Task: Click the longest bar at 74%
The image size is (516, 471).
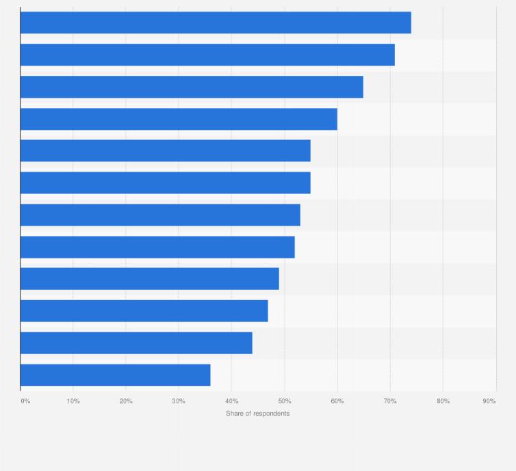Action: pos(216,23)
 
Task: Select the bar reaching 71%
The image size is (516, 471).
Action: pos(207,55)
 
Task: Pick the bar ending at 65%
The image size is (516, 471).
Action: pos(192,87)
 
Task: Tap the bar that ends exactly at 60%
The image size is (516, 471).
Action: pos(179,119)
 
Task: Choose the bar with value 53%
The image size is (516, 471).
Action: pos(160,215)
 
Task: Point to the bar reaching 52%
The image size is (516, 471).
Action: pos(157,247)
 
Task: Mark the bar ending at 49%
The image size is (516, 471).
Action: pos(150,279)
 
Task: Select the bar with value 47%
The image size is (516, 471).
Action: pos(144,311)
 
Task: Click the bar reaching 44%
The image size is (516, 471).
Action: pos(136,343)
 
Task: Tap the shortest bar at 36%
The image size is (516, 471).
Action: pos(115,375)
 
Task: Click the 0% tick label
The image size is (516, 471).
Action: pos(25,401)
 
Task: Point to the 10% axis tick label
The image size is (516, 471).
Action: pos(73,401)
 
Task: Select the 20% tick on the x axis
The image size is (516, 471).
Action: pos(126,401)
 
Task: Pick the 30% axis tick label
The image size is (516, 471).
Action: pos(179,401)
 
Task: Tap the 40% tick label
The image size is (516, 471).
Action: pos(231,401)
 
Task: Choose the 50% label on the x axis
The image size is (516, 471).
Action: pos(284,401)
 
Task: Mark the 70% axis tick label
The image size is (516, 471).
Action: pos(390,401)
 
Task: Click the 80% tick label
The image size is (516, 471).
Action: pos(443,401)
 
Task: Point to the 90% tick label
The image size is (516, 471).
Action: pos(489,401)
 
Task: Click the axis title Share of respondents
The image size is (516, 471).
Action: pos(258,414)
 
